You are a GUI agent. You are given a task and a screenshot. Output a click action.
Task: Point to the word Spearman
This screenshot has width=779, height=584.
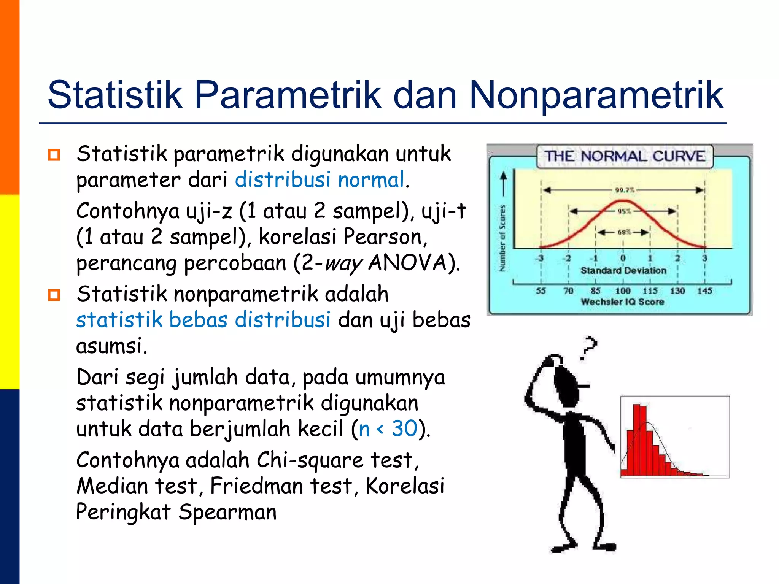(227, 512)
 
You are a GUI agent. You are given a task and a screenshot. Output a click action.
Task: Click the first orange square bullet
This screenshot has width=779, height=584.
(54, 155)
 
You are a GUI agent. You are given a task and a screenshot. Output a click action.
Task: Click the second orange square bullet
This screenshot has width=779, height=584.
(54, 295)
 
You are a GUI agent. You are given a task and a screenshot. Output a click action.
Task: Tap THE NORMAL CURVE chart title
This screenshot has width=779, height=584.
(625, 156)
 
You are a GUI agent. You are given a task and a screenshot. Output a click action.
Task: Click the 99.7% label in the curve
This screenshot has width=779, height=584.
(625, 190)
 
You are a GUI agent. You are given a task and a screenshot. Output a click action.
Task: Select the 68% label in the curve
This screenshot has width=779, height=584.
(624, 232)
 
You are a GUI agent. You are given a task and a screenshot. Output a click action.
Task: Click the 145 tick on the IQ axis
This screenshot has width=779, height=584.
(704, 291)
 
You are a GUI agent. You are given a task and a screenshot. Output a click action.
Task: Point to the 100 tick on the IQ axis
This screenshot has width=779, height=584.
(623, 291)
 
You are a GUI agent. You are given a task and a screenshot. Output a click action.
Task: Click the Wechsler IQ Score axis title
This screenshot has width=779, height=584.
(622, 302)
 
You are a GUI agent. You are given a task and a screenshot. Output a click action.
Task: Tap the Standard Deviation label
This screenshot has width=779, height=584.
(623, 270)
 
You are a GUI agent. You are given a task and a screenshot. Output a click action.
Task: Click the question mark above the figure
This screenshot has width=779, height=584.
(589, 347)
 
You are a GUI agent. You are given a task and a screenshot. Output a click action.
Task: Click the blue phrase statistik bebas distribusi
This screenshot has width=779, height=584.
(203, 319)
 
